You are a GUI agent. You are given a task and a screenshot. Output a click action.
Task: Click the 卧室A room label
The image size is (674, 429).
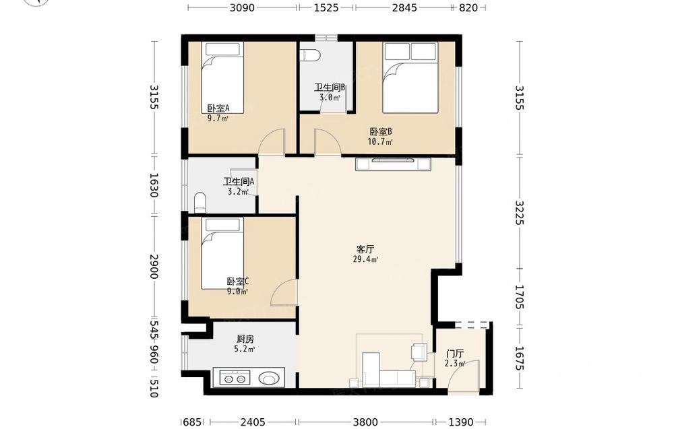coord(218,108)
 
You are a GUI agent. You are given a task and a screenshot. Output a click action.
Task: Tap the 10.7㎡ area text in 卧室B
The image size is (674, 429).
coord(380,141)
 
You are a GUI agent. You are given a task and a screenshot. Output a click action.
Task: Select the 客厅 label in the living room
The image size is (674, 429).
coord(365,249)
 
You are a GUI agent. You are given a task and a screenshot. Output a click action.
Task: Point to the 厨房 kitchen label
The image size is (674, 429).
coord(245,339)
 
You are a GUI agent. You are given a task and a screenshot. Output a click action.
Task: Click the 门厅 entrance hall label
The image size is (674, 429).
coord(455,354)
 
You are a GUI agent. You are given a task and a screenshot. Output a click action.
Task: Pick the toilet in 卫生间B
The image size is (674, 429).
coord(310,55)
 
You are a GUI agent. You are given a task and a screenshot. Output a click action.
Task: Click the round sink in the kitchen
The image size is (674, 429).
coord(269,378)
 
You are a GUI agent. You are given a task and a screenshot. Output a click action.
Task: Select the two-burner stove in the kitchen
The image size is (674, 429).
coord(235,378)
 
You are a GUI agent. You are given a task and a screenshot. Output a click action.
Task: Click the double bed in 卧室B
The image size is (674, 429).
coord(411,77)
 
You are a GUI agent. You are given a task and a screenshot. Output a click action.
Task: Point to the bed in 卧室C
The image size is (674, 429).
coord(222,253)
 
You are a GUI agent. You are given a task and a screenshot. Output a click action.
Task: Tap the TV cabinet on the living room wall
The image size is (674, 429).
coord(394,164)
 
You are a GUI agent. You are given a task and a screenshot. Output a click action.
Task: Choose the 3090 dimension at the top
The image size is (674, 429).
coord(242,7)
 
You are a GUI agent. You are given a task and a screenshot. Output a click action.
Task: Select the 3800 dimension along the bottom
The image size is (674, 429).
coord(365,422)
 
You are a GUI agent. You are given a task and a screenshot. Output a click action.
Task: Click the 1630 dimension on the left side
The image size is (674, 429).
coord(154,185)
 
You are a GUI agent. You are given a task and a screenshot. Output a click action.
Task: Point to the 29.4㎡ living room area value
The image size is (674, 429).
coord(365,259)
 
